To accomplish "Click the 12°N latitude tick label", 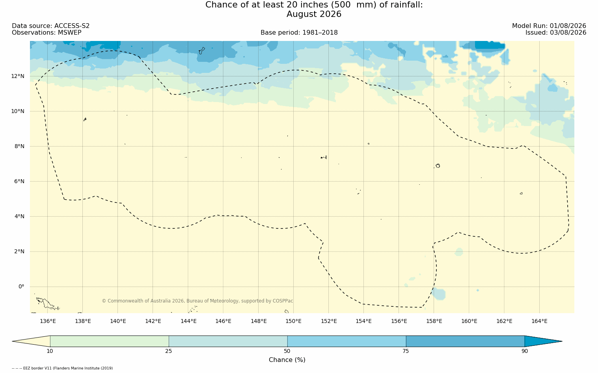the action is pos(18,76).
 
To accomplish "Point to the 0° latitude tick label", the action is pos(21,287).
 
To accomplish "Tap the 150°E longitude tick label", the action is pos(293,321).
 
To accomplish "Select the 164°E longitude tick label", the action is pos(539,321).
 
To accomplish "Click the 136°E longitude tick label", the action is pos(48,321).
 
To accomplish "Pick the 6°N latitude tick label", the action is pos(19,182).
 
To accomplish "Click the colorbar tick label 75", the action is pos(406,351).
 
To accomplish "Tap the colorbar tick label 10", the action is pos(50,351).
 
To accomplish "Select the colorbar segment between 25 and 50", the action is pos(228,341).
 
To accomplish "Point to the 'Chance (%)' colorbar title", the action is pos(287,360).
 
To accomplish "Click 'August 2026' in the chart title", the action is pos(314,14).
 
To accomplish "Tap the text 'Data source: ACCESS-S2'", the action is pos(51,26).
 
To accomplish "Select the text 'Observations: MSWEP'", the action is pos(47,33).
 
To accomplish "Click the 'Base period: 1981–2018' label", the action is pos(299,33).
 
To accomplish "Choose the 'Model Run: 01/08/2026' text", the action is pos(549,26).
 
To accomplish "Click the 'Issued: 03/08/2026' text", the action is pos(556,33).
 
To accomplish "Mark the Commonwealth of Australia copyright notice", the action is pos(197,301).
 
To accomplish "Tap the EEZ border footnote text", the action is pos(62,368).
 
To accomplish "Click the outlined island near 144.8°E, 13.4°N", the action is pos(202,50).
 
